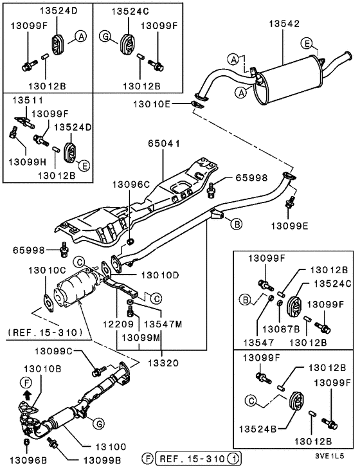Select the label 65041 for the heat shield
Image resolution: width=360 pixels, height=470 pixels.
(166, 145)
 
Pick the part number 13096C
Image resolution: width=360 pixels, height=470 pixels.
(132, 184)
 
